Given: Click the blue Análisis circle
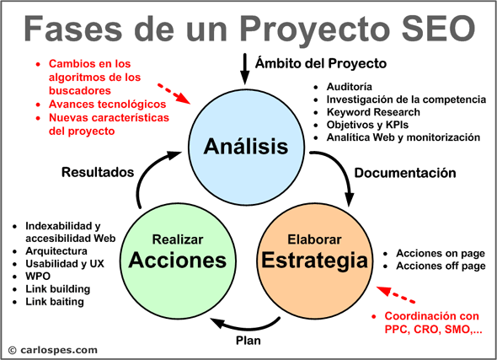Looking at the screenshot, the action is [247, 148].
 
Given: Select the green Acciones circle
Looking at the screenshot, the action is [178, 261].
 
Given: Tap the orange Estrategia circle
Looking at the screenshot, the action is [315, 261].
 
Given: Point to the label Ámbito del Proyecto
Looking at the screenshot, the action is [321, 63].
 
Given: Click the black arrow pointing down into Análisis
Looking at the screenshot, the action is [244, 69].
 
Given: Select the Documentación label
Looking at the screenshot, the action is [405, 173].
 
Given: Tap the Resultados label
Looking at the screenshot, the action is [98, 172].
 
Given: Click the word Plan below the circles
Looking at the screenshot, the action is [248, 341].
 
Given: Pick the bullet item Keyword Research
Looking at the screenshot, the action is [373, 112].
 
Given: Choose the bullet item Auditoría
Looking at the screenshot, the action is [350, 87].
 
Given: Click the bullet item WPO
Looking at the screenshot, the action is [38, 277].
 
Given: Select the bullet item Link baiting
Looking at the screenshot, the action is [55, 302].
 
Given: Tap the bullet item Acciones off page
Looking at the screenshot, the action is [441, 266].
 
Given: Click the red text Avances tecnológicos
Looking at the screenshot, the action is [107, 104].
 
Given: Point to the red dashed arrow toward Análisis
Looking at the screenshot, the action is [174, 94].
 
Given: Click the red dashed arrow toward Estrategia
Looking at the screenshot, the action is [396, 295].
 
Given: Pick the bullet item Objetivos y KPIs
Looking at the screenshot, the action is [367, 125].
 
